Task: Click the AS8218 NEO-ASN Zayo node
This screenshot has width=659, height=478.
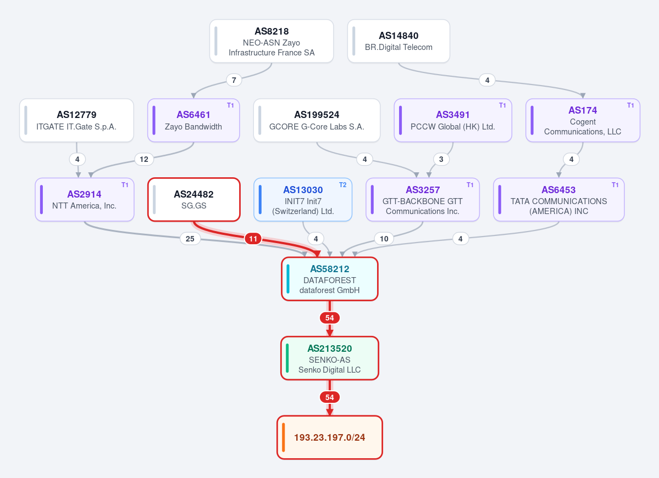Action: (272, 41)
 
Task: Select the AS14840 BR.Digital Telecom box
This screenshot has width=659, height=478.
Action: (398, 41)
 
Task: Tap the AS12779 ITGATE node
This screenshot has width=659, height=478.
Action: (76, 120)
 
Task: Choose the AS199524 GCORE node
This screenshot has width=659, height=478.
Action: (317, 120)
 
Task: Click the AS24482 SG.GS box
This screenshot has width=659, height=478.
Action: (194, 200)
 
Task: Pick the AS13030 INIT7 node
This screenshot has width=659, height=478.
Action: (303, 200)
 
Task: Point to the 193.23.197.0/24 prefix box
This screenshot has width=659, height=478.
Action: (330, 437)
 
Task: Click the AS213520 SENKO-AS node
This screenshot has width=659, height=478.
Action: (330, 358)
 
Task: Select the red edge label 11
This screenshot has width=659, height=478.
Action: (253, 239)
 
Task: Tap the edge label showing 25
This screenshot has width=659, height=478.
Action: (190, 239)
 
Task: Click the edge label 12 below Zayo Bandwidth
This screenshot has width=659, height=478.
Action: (144, 160)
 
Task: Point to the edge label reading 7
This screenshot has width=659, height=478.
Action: (234, 80)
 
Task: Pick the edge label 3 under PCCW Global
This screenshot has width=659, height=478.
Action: (441, 160)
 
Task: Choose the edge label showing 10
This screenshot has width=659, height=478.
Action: (384, 239)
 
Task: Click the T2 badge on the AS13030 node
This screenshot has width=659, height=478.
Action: (343, 185)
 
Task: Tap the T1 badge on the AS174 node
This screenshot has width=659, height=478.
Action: (630, 105)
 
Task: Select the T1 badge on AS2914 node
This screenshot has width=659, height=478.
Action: (125, 185)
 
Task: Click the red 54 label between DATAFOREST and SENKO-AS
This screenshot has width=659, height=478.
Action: (330, 318)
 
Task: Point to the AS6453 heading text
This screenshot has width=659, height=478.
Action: (558, 190)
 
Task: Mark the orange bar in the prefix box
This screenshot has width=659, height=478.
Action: (284, 437)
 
